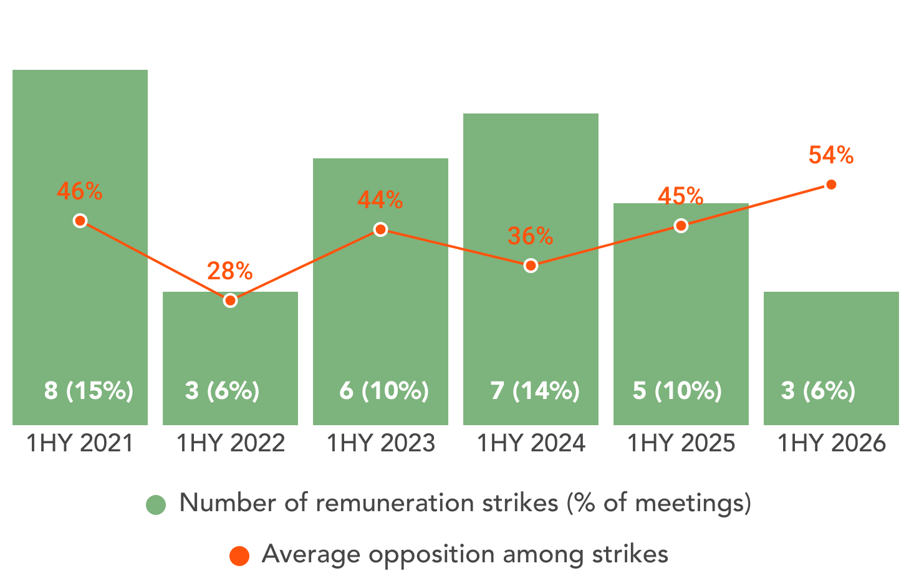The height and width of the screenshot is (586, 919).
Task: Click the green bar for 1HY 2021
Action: point(80,247)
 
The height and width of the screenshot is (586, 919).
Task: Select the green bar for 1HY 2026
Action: point(831,358)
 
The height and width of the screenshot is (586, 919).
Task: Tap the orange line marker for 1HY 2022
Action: point(231,301)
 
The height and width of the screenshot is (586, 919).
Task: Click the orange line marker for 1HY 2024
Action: point(531,266)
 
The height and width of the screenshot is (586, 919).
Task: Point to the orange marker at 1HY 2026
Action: point(831,185)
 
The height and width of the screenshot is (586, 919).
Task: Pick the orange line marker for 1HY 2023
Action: point(381,229)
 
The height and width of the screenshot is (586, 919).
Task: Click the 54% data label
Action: point(831,155)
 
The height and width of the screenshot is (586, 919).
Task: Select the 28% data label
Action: point(230,271)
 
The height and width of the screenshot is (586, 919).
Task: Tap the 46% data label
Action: point(80,191)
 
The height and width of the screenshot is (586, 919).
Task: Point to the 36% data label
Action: point(531,236)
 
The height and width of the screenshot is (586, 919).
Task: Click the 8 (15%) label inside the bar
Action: point(89,390)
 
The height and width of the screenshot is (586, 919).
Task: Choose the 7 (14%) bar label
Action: point(535,390)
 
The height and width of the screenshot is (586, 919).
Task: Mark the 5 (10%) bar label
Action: point(677,390)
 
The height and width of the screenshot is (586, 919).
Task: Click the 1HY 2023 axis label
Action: point(381,443)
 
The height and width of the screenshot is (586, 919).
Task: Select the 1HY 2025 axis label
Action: point(681,443)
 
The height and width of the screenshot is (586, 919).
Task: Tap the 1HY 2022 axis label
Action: point(231,443)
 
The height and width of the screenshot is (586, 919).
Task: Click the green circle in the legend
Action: point(156,505)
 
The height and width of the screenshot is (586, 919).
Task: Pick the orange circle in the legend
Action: point(239,556)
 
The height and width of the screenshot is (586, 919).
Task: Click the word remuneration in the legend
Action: point(395,503)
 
